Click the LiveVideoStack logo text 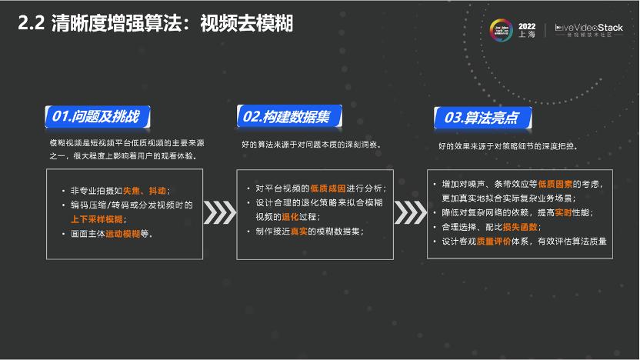coord(589,28)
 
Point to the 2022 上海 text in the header coord(527,30)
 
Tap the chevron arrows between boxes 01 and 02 coord(220,210)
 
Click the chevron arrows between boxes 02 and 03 coord(411,210)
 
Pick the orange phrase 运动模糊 coord(122,234)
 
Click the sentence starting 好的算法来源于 coord(311,145)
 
